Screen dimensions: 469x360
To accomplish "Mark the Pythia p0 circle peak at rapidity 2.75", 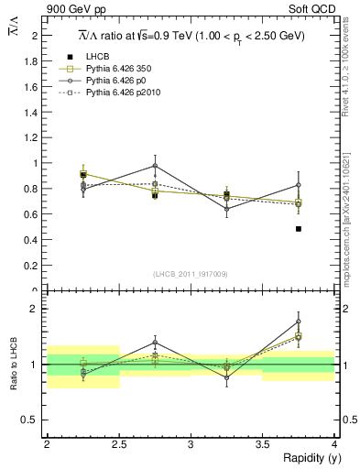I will click(155, 166).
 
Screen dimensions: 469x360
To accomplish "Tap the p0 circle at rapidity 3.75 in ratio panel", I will click(298, 322).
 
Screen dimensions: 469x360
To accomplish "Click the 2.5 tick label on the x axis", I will click(118, 444).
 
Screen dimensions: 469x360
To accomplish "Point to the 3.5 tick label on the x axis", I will click(262, 444).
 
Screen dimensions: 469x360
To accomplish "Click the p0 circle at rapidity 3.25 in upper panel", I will click(226, 209).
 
